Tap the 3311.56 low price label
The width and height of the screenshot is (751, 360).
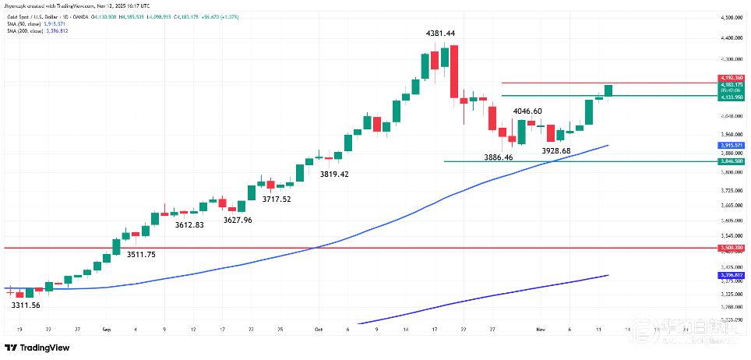click(26, 305)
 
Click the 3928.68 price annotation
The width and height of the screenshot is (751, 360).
click(556, 150)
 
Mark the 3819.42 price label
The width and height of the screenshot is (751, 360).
click(334, 174)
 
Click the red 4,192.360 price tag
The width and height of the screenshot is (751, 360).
click(731, 78)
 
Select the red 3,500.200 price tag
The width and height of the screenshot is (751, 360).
click(731, 248)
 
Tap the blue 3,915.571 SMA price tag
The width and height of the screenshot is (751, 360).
click(731, 145)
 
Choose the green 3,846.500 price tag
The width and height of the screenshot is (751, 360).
click(731, 161)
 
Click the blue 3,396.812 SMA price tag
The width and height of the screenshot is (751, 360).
click(731, 275)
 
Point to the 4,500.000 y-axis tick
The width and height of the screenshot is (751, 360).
click(731, 17)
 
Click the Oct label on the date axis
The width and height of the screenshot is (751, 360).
click(319, 330)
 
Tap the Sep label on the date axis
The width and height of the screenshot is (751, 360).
click(105, 330)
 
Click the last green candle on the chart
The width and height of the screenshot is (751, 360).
click(608, 90)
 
